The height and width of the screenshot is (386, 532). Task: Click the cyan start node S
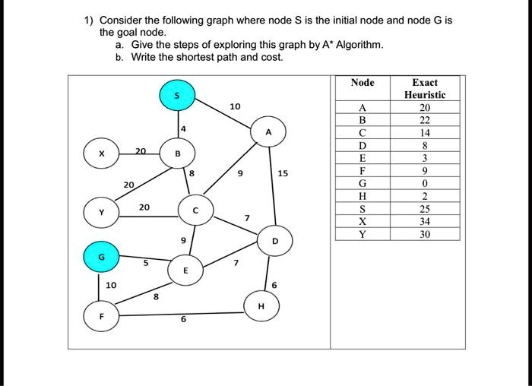tap(178, 95)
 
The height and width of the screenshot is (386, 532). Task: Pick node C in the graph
tap(195, 210)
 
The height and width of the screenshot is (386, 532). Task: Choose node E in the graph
tap(186, 271)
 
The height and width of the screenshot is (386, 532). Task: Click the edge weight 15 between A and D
tap(283, 173)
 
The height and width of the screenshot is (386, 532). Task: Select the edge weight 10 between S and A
tap(234, 106)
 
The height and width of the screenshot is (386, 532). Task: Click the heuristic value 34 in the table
tap(425, 222)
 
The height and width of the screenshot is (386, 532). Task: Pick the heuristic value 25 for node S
tap(425, 209)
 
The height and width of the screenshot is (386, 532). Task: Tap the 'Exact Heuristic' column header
tap(425, 88)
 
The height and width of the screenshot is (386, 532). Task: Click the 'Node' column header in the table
tap(363, 82)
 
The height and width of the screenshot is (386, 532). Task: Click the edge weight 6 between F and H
tap(182, 319)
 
